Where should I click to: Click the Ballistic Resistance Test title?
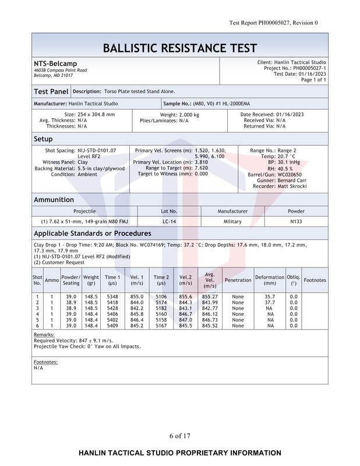coord(179,48)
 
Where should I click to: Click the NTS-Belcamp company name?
coord(55,63)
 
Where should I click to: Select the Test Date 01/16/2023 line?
coord(300,74)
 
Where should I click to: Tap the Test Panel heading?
coord(51,91)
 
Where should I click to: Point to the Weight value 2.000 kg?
coord(179,115)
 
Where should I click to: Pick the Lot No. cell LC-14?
coord(169,222)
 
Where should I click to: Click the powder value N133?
coord(296,222)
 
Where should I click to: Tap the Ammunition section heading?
coord(54,200)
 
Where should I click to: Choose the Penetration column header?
coord(238,280)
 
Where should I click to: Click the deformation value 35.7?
coord(270,296)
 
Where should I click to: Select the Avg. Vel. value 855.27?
coord(210,296)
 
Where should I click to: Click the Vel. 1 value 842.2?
coord(137,308)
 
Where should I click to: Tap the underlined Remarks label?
coord(44,335)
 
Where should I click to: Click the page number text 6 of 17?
coord(179,436)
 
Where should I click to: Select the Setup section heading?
coord(43,139)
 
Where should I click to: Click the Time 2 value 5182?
coord(161,308)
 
